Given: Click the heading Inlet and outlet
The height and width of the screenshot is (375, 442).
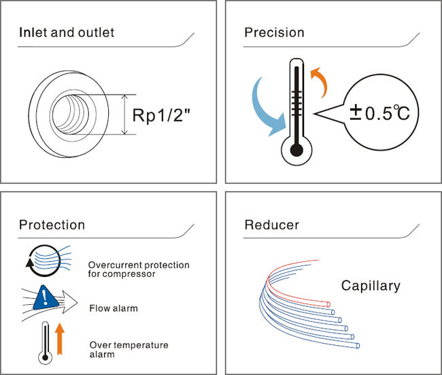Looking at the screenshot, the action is [67, 32].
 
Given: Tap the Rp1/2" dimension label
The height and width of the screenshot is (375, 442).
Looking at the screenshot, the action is [161, 115].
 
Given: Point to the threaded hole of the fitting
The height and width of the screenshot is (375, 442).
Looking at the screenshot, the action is [71, 114].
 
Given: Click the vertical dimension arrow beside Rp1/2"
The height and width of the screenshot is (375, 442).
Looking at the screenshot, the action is [124, 114].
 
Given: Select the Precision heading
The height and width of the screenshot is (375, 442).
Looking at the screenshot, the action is [274, 33].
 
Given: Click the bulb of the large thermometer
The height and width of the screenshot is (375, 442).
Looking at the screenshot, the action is [296, 150].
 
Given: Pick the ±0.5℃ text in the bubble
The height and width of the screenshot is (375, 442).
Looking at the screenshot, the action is [379, 113].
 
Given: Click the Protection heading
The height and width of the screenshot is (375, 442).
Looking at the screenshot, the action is [52, 225].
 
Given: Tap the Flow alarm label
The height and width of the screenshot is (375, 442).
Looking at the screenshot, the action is [114, 308].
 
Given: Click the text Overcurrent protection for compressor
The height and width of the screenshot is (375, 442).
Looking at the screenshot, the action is [139, 270].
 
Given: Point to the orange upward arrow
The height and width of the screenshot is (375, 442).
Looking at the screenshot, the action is [59, 339].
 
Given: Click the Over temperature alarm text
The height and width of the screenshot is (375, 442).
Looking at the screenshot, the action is [129, 349].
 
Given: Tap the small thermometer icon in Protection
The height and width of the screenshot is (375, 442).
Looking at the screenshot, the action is [45, 343].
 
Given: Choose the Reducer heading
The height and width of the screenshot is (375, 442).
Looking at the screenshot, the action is [272, 225].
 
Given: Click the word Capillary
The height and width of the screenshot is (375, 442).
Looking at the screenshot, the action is [371, 286].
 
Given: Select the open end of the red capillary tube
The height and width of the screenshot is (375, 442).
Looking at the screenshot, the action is [328, 304].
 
